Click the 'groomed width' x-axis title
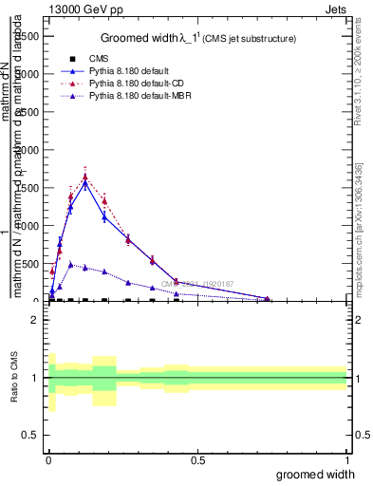pos(315,474)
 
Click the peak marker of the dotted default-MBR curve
pos(70,265)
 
